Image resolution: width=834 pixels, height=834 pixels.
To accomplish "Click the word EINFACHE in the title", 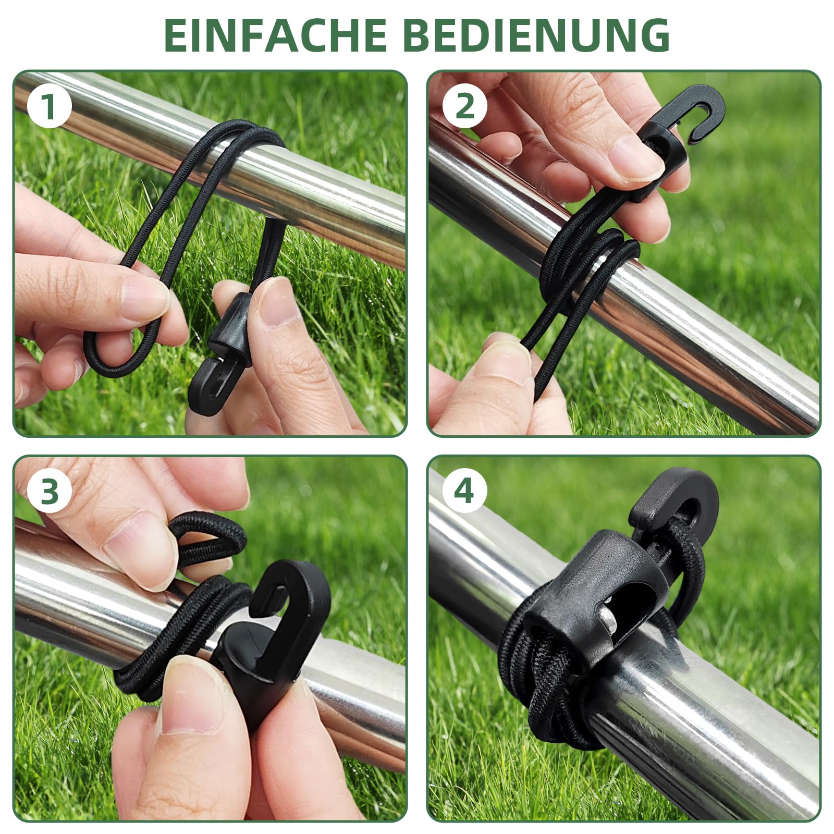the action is coord(275,35).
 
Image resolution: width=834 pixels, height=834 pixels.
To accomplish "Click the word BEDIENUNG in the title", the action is coord(536,35).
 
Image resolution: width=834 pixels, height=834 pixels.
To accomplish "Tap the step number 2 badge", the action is coord(464,106).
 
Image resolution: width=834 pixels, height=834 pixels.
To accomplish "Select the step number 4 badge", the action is coord(464,491).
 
